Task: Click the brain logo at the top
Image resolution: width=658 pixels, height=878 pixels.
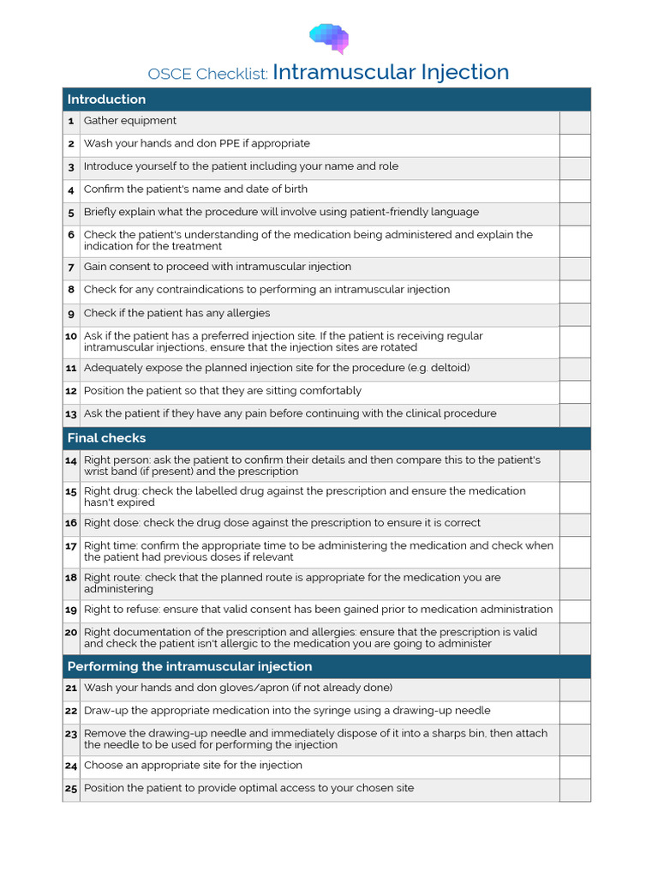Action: pos(329,38)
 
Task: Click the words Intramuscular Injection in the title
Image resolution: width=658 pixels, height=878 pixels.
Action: pos(391,72)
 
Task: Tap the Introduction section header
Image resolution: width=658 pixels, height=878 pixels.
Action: pos(106,99)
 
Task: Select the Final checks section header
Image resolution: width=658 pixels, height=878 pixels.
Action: pos(106,438)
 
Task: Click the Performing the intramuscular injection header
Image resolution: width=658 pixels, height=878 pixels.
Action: pos(189,666)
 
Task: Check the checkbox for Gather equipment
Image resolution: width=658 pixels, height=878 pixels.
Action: pos(575,122)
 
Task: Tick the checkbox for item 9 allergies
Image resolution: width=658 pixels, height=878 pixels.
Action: pos(575,314)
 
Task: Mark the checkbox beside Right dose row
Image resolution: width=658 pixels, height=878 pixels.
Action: pos(575,524)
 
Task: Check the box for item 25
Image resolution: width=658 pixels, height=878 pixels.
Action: pos(575,789)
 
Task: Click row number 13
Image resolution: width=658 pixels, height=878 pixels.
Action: pos(71,414)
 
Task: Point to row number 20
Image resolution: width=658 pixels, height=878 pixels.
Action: pos(71,633)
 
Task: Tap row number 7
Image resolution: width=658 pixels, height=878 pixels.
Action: pos(71,268)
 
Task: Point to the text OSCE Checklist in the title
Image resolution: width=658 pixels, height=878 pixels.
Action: pos(207,75)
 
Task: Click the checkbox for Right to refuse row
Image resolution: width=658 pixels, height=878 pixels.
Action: pos(575,610)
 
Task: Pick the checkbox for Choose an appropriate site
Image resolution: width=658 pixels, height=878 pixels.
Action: pos(575,767)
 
